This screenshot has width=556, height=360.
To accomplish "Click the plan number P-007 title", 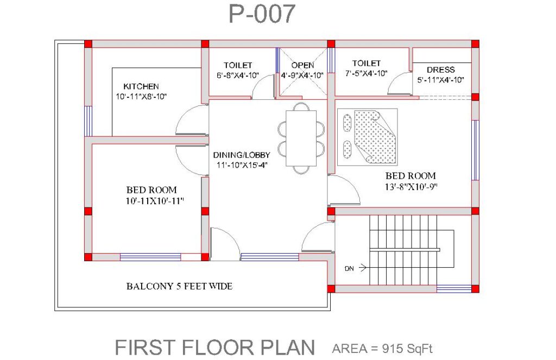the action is click(262, 14).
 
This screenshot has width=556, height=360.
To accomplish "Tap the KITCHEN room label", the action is click(141, 86).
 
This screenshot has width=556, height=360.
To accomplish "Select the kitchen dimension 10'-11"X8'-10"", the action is click(141, 97).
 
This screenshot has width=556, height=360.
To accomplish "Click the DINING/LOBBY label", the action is click(242, 155).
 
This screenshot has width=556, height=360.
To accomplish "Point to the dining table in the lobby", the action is click(301, 138).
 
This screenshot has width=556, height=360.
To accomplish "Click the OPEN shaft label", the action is click(302, 65).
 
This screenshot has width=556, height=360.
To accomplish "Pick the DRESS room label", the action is click(441, 70).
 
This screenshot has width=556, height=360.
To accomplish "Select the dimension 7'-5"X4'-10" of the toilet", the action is click(367, 73).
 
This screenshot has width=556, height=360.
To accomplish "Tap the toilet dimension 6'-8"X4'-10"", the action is click(238, 75).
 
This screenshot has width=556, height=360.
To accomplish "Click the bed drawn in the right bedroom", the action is click(368, 137).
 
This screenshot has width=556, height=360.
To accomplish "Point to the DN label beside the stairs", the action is click(349, 268).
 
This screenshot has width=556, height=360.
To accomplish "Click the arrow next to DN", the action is click(363, 268).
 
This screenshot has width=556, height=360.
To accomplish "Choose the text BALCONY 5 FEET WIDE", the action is click(179, 286).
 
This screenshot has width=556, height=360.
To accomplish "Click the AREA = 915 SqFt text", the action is click(382, 349).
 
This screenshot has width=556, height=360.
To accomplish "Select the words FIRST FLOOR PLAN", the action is click(215, 348).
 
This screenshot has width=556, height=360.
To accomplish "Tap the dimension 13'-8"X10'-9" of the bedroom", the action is click(411, 187).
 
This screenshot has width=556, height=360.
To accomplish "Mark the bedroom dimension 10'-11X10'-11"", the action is click(155, 201).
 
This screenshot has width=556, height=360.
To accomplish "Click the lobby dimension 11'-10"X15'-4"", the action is click(242, 165).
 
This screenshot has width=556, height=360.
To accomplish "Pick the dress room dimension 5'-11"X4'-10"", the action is click(440, 80).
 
